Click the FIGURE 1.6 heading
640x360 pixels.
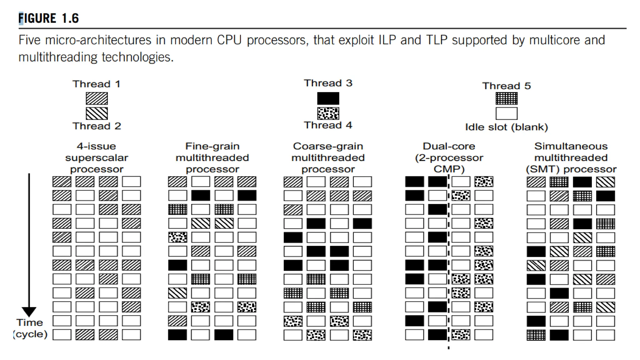pos(49,18)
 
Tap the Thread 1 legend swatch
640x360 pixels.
pos(97,98)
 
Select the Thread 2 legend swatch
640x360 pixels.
pos(97,113)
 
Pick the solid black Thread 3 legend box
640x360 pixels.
pos(328,98)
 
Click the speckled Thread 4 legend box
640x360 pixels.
pos(328,113)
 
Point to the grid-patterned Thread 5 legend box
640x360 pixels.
pos(506,99)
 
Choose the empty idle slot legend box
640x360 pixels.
pos(506,113)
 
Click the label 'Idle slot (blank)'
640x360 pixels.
pos(506,127)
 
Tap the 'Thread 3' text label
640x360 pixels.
pos(328,83)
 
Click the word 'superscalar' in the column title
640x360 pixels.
pos(97,158)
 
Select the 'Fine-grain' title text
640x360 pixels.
pos(212,146)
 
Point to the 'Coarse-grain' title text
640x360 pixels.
pos(328,146)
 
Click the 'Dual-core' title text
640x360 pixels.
pos(449,146)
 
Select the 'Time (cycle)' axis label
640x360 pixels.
pos(30,328)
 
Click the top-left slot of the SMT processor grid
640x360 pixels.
pos(536,182)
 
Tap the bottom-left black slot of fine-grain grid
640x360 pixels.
pos(177,335)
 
